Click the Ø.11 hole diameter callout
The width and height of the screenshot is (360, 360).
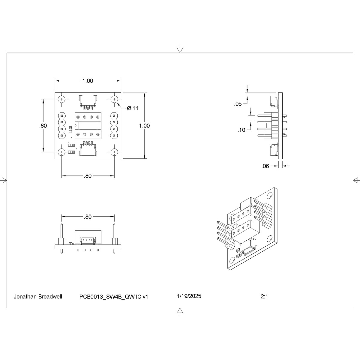(x=133, y=108)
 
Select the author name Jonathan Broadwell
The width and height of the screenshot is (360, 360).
(x=38, y=297)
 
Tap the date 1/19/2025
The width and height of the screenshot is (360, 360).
(x=189, y=296)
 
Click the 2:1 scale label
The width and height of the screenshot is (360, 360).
(x=264, y=297)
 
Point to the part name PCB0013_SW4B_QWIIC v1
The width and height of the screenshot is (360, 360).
(x=114, y=297)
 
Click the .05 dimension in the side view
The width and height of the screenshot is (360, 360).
(x=238, y=104)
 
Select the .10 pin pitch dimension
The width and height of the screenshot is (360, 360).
(x=241, y=130)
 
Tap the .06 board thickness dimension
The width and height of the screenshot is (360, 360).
(x=265, y=166)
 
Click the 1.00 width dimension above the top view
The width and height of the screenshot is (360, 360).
(x=88, y=81)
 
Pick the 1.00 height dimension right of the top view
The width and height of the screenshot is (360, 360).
(x=144, y=126)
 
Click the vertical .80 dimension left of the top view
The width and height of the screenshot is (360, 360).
(x=43, y=126)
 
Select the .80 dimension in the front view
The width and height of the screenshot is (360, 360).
(x=88, y=217)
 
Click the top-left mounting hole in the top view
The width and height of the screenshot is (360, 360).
(x=62, y=99)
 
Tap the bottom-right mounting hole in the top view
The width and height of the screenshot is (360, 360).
(x=114, y=152)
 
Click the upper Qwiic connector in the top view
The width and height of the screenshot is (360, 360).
(x=88, y=101)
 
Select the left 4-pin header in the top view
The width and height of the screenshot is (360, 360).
(x=62, y=125)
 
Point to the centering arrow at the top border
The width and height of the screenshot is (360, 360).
(x=180, y=49)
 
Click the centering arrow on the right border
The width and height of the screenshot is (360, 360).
(x=356, y=180)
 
